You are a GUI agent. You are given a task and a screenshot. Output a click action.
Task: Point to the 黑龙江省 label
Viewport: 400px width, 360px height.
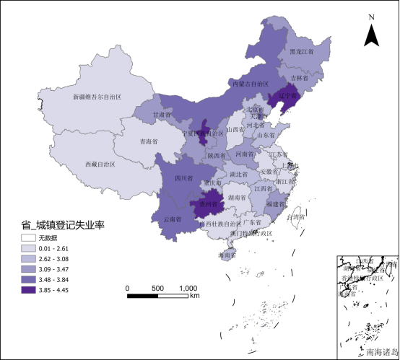(303, 52)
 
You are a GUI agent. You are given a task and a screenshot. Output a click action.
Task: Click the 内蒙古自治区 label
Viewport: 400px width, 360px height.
(255, 84)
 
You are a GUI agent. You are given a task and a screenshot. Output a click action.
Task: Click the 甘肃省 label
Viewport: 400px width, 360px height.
(162, 115)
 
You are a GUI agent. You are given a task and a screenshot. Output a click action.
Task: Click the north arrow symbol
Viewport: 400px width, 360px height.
(371, 35)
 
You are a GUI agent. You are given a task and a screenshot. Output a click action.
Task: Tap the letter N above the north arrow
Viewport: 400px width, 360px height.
(371, 17)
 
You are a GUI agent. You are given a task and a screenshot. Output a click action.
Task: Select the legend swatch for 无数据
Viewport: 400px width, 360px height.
(28, 237)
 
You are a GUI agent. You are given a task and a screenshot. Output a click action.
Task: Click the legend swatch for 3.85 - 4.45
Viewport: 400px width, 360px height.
(28, 290)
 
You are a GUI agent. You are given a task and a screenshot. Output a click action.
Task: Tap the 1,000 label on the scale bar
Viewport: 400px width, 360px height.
(188, 288)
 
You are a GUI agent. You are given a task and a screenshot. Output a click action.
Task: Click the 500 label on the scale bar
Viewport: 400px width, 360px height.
(157, 288)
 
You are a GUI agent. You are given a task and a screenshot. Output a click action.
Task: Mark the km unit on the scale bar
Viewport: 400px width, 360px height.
(195, 296)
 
